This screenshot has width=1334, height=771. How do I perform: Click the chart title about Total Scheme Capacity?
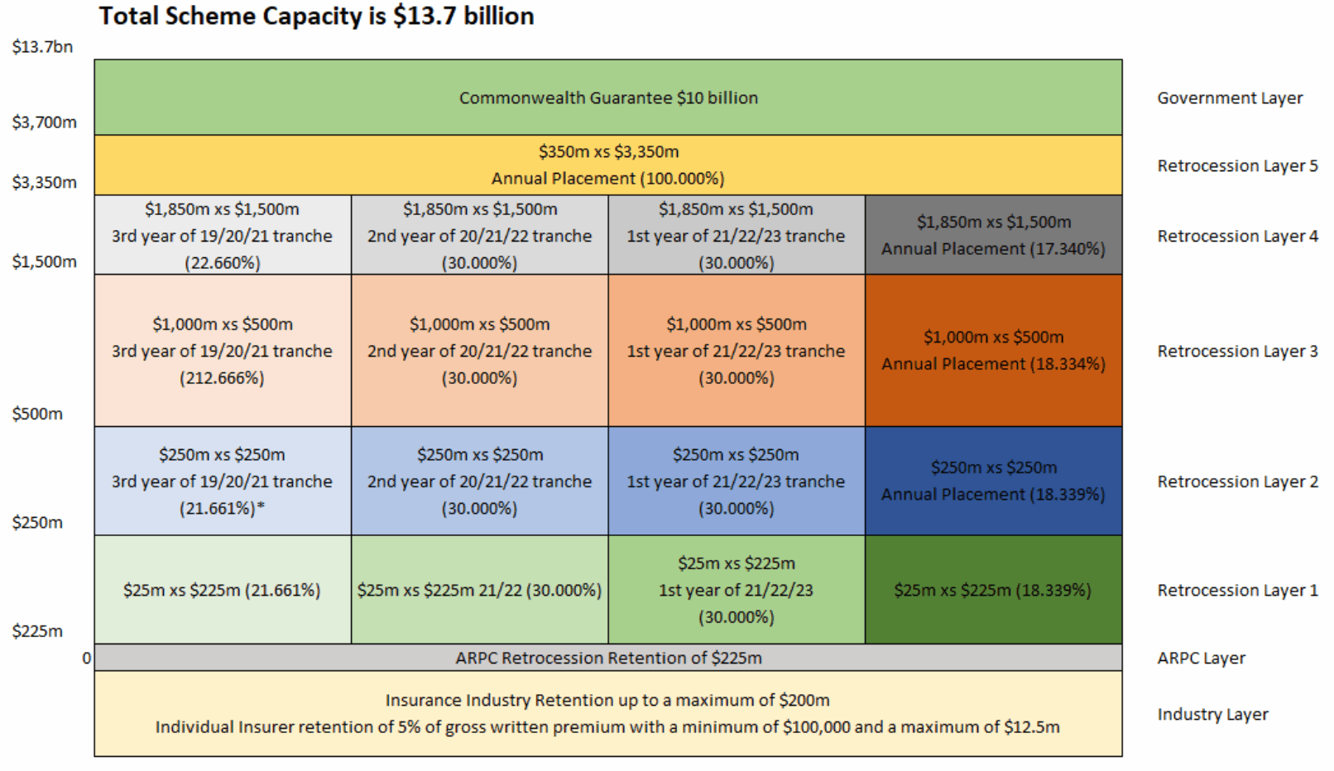tap(316, 17)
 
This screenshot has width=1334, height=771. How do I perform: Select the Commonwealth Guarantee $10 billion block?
tap(608, 98)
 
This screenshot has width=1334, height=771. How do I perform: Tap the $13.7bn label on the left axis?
tap(42, 47)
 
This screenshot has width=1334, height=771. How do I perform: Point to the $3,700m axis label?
tap(45, 122)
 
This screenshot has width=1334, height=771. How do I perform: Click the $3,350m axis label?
tap(45, 183)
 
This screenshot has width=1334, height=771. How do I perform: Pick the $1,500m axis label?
tap(45, 262)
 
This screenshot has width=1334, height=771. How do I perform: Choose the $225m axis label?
tap(37, 632)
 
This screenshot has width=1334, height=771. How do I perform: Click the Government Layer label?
tap(1230, 98)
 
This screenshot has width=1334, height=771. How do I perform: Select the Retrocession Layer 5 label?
tap(1237, 166)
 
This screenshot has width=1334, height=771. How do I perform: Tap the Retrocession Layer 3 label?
tap(1237, 352)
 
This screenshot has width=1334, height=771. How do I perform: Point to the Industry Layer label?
tap(1212, 715)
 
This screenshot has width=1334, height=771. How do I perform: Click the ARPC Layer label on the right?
tap(1201, 658)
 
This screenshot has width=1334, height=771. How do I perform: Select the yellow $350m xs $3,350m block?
tap(608, 165)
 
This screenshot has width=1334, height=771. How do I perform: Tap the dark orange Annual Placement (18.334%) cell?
tap(993, 351)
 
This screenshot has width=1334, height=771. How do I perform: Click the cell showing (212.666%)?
tap(223, 351)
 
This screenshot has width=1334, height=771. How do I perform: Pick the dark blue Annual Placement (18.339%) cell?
tap(993, 481)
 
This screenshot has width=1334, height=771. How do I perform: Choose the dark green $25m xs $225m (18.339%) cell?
tap(993, 591)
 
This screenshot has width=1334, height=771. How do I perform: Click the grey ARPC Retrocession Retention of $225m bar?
tap(608, 658)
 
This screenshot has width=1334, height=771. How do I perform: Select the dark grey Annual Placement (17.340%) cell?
tap(993, 236)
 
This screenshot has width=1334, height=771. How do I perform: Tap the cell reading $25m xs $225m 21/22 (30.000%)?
tap(479, 591)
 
